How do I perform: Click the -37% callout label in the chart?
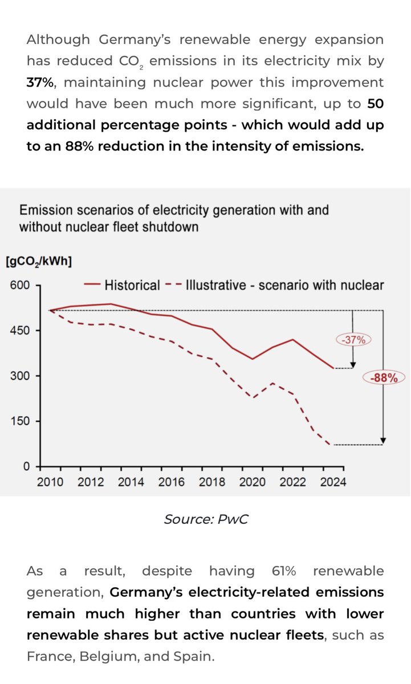(354, 340)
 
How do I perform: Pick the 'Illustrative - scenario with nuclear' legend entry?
(275, 285)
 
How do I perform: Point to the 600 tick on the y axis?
(19, 284)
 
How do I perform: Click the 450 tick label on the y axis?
(19, 330)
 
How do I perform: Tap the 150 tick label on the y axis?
(19, 421)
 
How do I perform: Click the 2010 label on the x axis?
(50, 482)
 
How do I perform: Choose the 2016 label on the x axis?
(172, 482)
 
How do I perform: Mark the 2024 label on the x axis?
(333, 482)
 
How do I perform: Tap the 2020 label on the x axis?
(253, 482)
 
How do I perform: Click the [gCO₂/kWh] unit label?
(39, 262)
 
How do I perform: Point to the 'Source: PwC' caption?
(205, 519)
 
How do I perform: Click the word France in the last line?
(50, 656)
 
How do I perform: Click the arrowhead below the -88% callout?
(384, 441)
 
